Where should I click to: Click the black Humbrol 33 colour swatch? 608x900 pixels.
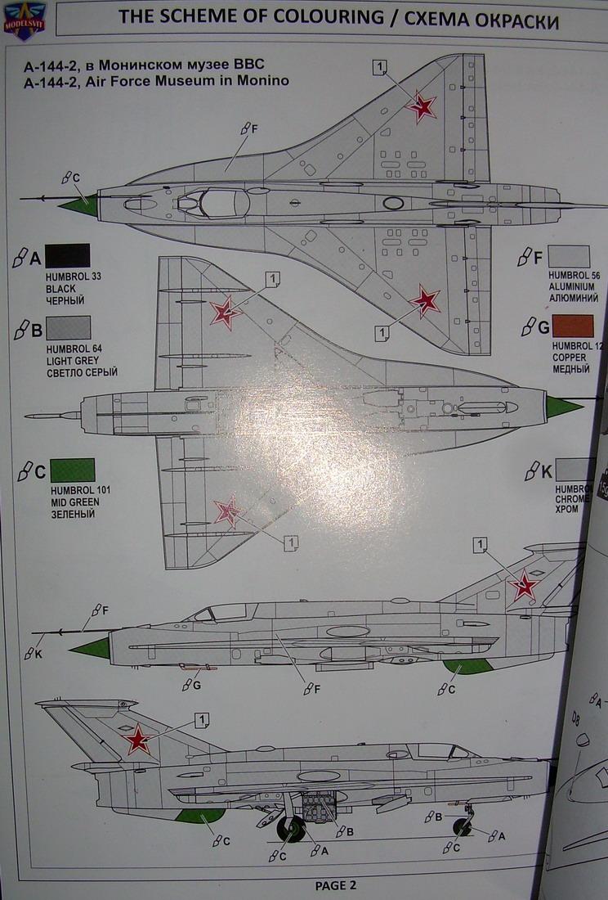68,256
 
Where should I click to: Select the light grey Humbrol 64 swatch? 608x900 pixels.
69,328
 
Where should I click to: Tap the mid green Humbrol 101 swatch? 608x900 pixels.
72,470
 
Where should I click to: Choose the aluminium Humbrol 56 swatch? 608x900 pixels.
569,257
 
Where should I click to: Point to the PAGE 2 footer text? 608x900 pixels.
336,884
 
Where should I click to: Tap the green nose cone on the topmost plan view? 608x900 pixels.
79,204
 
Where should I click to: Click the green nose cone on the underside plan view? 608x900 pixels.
563,406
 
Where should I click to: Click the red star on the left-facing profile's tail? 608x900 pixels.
523,585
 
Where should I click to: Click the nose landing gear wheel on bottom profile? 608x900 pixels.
462,826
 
